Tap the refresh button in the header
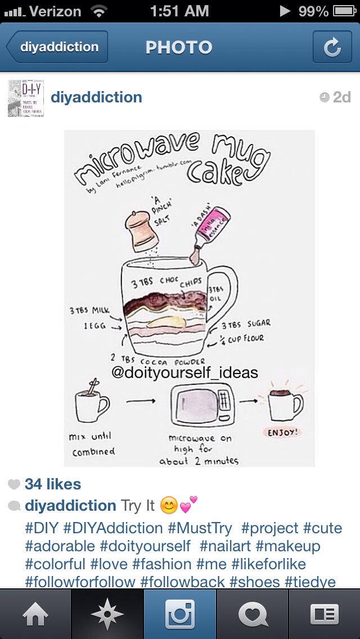(x=332, y=47)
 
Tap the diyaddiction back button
(x=57, y=47)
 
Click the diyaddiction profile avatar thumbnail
(x=26, y=98)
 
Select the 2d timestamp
(x=336, y=97)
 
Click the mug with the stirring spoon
(x=92, y=406)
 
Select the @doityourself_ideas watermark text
(x=184, y=372)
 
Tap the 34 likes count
(x=53, y=484)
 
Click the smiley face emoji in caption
(x=169, y=505)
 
